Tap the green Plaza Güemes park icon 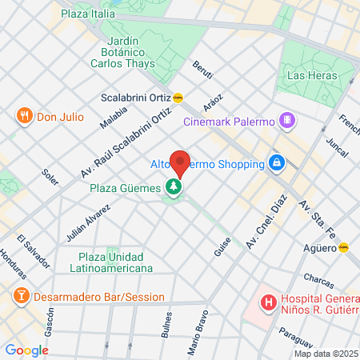173,187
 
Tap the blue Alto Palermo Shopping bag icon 276,163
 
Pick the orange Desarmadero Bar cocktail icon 18,296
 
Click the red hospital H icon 270,303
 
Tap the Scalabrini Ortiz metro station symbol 178,98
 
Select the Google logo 26,350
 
